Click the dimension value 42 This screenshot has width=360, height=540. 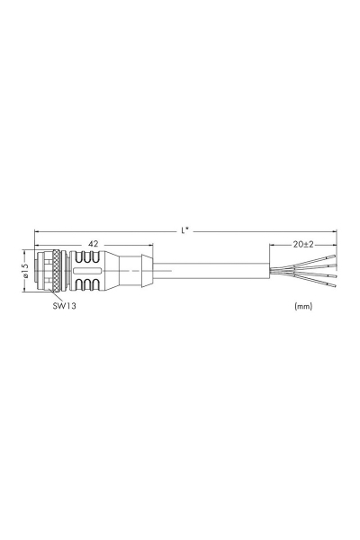click(x=94, y=244)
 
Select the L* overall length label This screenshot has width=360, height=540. click(x=185, y=230)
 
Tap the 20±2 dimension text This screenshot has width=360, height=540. click(x=303, y=244)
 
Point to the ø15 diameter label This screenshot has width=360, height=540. click(x=24, y=271)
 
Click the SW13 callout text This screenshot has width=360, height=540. click(x=64, y=305)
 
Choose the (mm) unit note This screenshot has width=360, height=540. click(x=303, y=306)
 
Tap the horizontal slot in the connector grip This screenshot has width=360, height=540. click(x=88, y=271)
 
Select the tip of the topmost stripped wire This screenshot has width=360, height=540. click(x=335, y=256)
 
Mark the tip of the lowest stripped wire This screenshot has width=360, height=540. click(x=336, y=286)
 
